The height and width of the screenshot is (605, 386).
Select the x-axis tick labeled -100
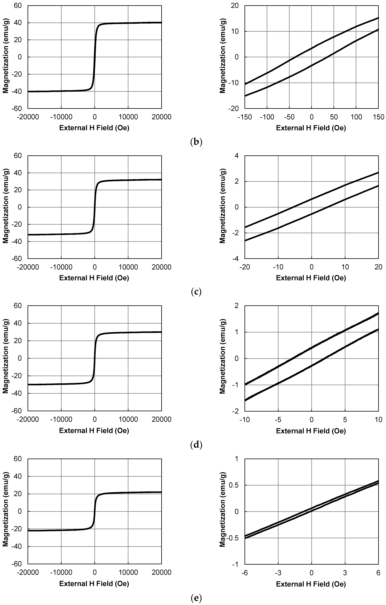tap(267, 117)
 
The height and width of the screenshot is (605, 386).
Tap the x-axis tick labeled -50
tap(289, 117)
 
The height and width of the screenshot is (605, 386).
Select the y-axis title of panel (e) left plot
tap(6, 512)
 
